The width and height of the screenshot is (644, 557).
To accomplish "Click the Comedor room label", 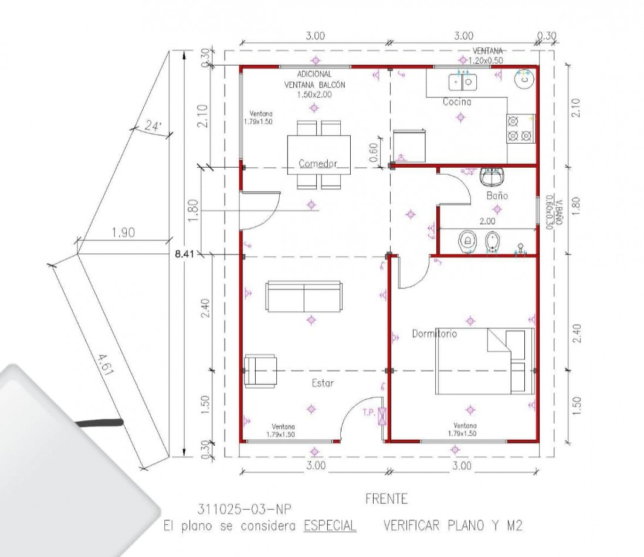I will click(318, 164).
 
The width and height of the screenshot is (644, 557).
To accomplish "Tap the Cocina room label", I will click(457, 102).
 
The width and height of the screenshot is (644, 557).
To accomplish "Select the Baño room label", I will click(496, 195).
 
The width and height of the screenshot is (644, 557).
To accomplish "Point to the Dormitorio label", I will click(434, 334).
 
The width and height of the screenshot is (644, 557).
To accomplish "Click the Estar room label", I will click(323, 383).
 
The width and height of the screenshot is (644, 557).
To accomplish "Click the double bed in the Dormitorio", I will click(484, 361).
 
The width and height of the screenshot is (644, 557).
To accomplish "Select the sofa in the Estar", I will click(303, 296).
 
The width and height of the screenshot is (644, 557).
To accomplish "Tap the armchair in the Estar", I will click(261, 371).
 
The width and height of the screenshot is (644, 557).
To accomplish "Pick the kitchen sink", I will click(463, 81).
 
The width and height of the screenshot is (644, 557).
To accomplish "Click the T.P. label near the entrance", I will click(369, 413).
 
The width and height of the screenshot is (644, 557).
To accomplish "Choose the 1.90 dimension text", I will click(123, 233).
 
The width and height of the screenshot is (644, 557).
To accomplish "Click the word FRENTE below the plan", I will click(386, 499).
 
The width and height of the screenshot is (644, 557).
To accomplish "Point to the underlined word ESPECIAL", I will click(330, 526).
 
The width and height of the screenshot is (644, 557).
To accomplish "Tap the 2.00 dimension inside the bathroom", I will click(487, 222).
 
